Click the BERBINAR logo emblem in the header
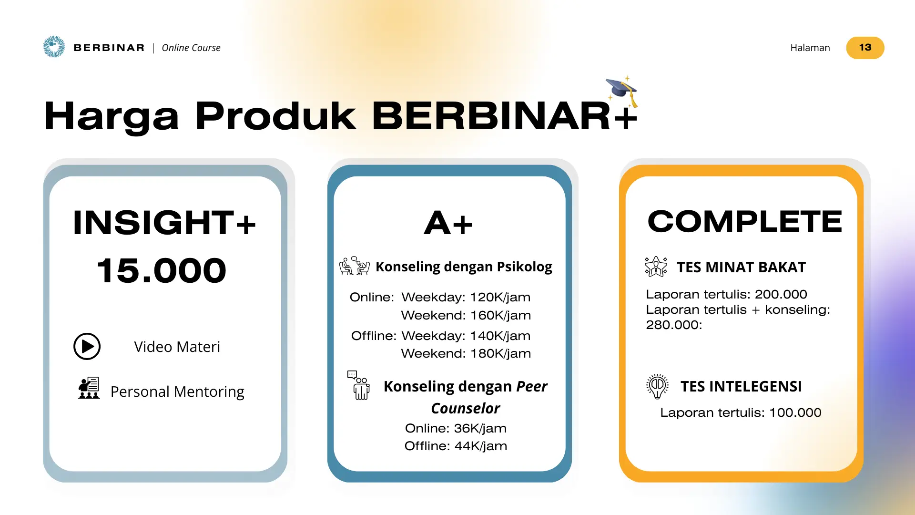54,47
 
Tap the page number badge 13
865,48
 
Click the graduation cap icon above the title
622,92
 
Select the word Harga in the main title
112,116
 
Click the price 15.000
162,270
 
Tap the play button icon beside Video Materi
87,346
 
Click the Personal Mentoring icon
89,388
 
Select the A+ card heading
448,223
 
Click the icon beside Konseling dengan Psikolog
354,266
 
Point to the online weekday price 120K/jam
500,297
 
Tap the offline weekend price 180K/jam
500,353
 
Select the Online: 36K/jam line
456,428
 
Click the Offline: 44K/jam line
456,446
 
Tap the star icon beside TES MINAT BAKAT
656,266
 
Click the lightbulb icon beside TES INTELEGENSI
657,386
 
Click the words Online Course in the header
191,48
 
